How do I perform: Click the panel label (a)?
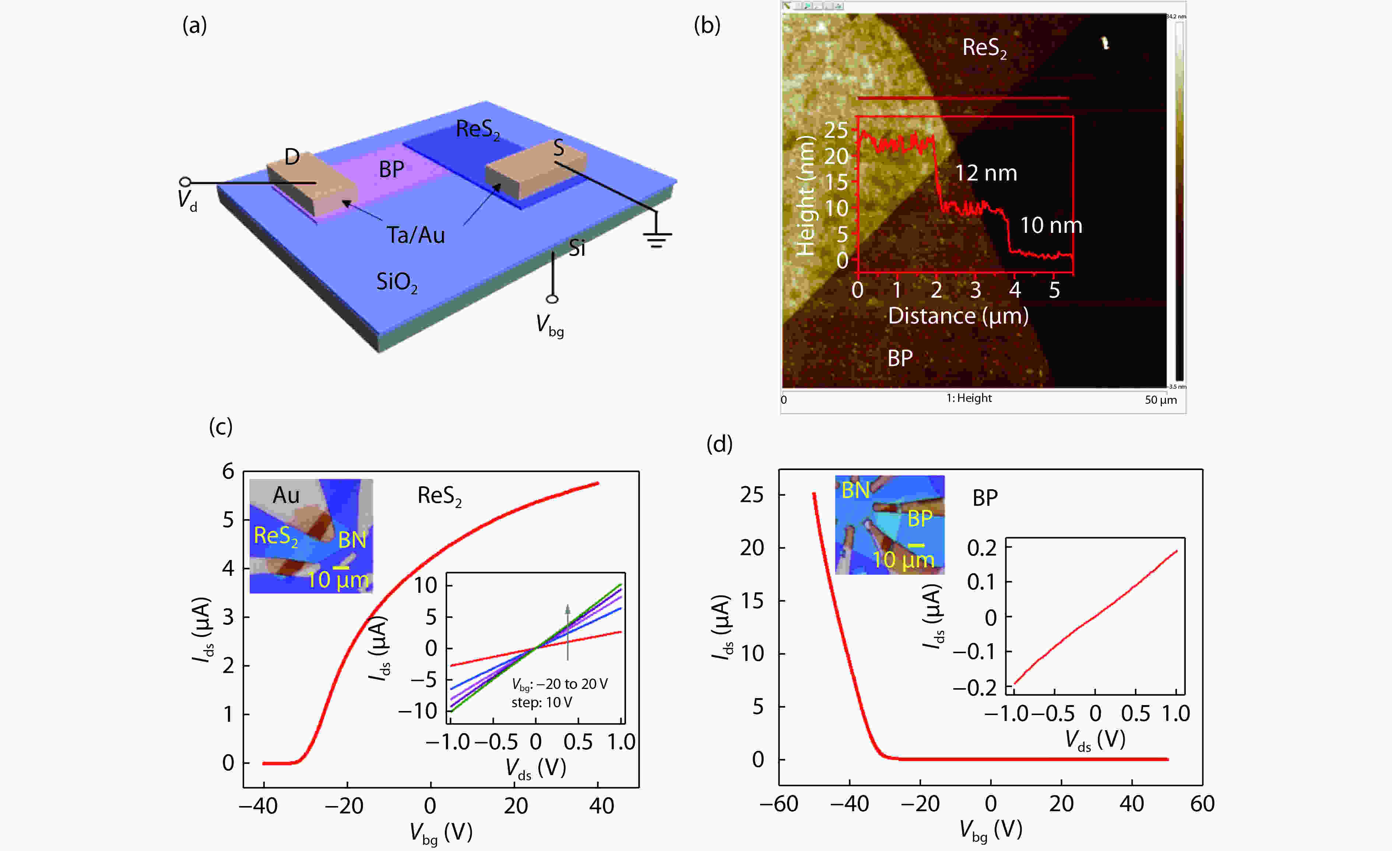point(194,25)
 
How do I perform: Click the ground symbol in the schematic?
point(657,238)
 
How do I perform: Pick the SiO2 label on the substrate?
point(397,282)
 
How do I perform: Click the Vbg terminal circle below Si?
point(552,299)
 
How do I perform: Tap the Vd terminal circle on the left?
point(185,182)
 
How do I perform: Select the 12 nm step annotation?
point(986,173)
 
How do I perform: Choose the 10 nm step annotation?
point(1051,225)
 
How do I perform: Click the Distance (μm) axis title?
point(958,316)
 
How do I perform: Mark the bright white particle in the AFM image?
point(1105,43)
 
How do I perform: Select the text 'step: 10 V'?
point(541,703)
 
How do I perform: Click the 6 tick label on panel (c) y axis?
point(228,471)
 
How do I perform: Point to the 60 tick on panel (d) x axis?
point(1202,803)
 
